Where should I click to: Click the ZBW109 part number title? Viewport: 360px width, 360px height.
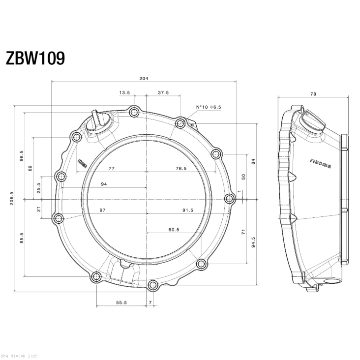click(35, 58)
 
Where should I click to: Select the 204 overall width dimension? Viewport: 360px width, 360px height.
click(144, 78)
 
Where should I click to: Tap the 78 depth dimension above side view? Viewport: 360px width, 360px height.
click(313, 93)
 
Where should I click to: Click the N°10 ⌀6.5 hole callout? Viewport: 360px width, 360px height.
click(209, 107)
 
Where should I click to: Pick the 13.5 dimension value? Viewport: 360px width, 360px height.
click(124, 92)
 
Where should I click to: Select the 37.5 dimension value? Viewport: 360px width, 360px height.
click(163, 92)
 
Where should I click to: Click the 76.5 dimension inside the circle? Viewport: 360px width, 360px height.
click(180, 168)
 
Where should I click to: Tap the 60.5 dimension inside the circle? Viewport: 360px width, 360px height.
click(173, 229)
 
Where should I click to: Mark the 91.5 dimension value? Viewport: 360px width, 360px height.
click(187, 210)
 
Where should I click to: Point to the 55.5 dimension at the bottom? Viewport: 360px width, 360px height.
click(121, 302)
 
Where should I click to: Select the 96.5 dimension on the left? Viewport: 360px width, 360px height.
click(21, 156)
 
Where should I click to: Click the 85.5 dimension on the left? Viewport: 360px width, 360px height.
click(21, 238)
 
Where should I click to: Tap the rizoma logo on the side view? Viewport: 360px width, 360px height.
click(320, 163)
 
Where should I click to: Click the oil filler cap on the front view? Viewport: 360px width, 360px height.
click(98, 121)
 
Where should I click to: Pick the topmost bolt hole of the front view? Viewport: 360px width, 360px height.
click(133, 113)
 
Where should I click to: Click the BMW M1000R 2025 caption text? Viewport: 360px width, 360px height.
click(19, 356)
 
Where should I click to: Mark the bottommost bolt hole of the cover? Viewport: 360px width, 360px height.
click(152, 285)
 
